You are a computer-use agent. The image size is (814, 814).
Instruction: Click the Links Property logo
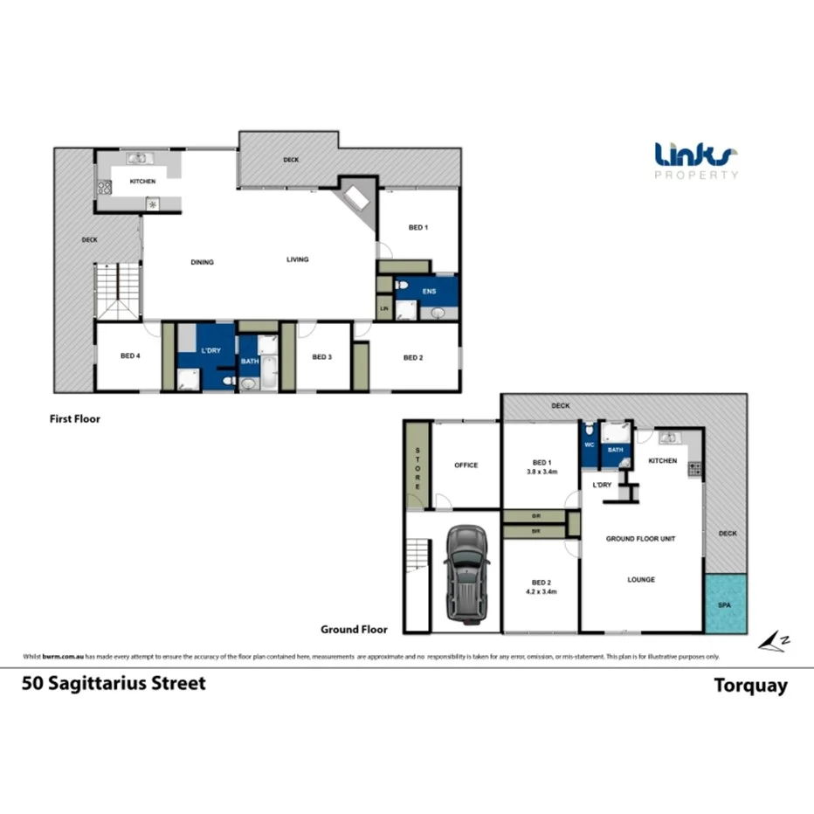coord(696,161)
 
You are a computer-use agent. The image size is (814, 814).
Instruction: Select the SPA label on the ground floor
coord(724,604)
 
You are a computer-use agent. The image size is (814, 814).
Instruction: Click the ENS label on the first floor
coord(428,291)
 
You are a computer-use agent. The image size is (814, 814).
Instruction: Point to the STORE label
coord(417,468)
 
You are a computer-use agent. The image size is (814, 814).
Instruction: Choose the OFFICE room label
coord(466,465)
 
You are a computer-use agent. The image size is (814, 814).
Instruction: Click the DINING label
coord(203,262)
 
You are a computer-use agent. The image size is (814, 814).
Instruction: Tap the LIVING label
coord(298,259)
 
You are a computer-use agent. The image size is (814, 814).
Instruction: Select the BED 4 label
coord(131,356)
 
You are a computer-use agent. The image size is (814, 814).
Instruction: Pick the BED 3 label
coord(321,356)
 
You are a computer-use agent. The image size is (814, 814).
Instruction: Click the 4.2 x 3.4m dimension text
coord(542,591)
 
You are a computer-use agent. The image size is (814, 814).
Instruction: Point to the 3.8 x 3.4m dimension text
coord(542,472)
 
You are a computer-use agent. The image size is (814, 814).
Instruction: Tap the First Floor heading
coord(75,418)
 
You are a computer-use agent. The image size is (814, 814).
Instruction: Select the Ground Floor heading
coord(354,628)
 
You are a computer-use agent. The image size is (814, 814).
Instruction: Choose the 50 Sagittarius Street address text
coord(114,683)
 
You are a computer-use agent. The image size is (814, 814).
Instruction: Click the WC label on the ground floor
coord(590,444)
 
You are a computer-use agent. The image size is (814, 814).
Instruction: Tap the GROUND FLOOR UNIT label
coord(641,539)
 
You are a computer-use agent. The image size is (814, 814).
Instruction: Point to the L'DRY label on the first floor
coord(210,350)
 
